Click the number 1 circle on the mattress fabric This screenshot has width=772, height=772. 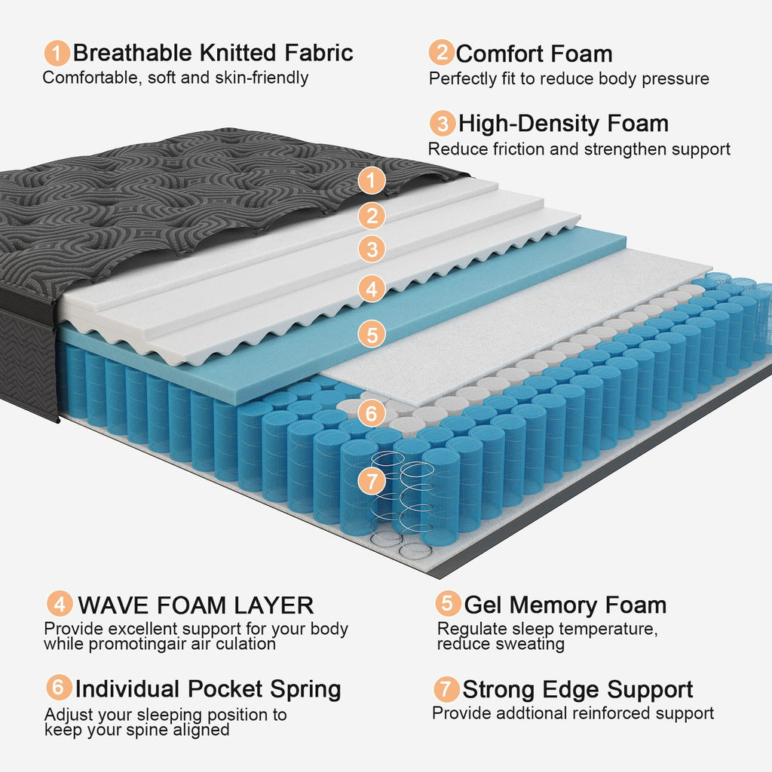(371, 180)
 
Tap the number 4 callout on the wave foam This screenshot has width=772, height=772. (371, 288)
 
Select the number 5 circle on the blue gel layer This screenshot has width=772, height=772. (371, 333)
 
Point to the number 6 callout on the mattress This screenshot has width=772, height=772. (371, 413)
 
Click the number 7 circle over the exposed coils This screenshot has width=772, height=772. (371, 480)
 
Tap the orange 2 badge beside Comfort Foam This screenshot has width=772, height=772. (441, 53)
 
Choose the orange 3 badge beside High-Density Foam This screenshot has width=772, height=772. (443, 123)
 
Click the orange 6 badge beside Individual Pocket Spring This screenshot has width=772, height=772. (58, 688)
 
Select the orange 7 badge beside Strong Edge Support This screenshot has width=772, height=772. (446, 688)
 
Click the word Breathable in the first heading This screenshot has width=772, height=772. (133, 53)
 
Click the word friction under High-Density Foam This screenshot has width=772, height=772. (517, 149)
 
